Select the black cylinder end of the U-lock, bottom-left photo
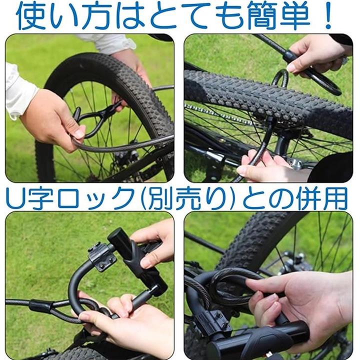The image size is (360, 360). pos(119,239)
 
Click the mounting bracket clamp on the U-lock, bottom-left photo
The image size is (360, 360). pos(101,256)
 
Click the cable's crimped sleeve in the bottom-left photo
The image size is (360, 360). pos(38,306)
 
